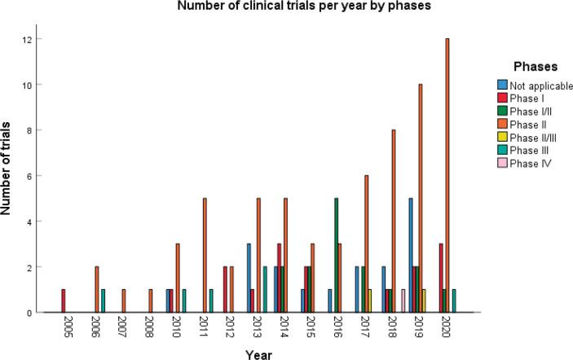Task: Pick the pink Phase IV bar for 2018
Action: point(403,301)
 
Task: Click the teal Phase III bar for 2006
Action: point(104,301)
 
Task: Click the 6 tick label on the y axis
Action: point(29,176)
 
